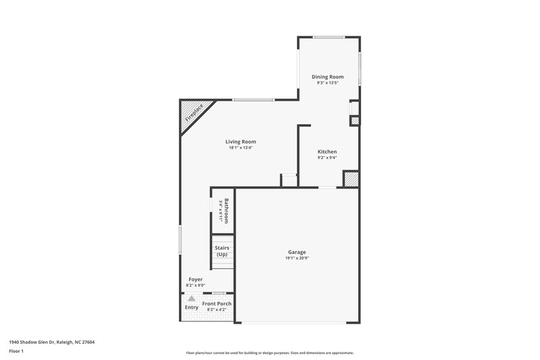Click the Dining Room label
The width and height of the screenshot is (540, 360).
(327, 77)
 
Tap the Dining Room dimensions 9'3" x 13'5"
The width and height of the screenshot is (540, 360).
(327, 83)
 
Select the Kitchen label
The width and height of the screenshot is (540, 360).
(327, 152)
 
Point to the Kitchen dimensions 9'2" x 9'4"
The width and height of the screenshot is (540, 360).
(327, 158)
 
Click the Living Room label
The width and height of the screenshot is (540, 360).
(240, 142)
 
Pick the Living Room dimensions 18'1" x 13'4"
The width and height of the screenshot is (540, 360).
(240, 148)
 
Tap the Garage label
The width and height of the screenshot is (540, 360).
(297, 252)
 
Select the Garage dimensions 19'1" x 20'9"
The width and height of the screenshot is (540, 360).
(297, 258)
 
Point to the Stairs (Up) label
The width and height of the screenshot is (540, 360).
(222, 251)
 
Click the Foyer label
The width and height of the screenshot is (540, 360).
(195, 279)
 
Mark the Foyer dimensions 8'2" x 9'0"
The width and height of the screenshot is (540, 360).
(195, 285)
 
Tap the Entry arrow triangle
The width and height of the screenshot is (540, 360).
(192, 298)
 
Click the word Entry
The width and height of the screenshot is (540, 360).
(192, 307)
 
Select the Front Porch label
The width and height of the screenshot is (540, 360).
(217, 304)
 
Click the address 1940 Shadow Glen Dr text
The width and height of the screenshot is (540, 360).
(52, 342)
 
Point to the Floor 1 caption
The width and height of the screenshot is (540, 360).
(17, 352)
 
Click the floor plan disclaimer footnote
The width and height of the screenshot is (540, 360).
(269, 353)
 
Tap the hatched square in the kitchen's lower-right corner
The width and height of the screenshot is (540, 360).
(351, 179)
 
